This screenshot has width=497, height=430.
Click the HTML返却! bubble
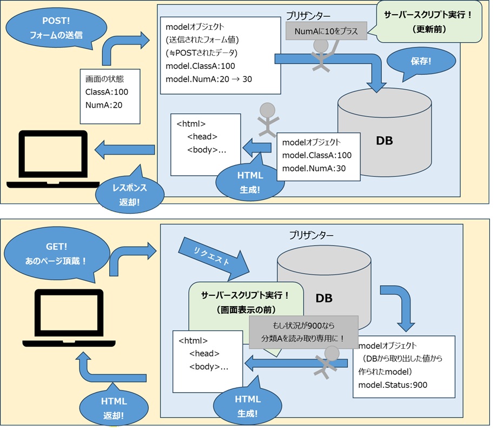point(113,408)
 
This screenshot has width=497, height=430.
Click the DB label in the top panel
point(385,141)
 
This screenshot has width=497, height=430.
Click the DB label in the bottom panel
point(324,297)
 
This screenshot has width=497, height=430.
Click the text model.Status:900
point(393,385)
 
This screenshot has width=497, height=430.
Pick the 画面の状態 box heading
point(105,79)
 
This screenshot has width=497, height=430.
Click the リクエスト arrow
point(211,255)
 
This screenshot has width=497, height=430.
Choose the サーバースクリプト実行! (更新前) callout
point(428,22)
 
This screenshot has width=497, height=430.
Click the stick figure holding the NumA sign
point(322,56)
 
